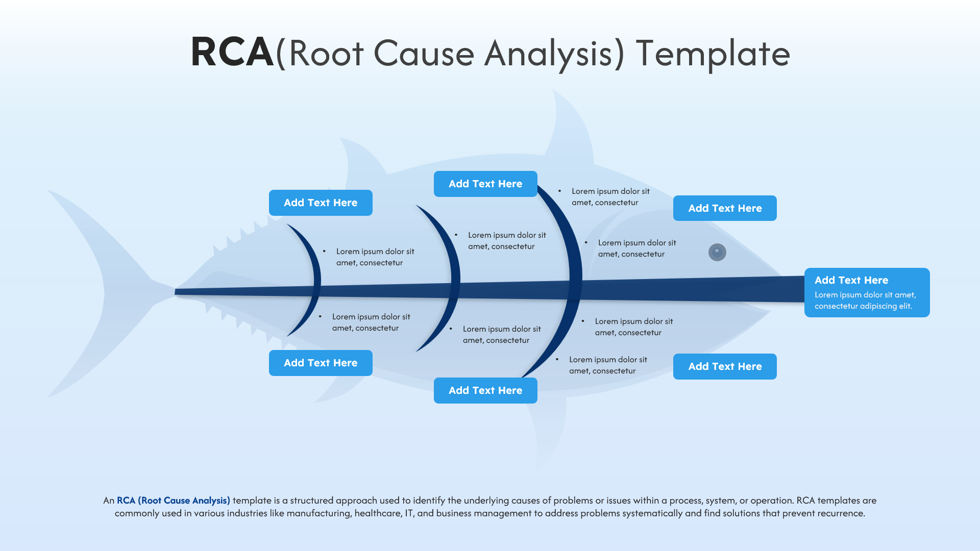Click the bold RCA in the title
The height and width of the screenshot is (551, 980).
(232, 53)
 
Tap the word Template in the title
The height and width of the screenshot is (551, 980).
(713, 54)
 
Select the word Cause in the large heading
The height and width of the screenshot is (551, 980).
(424, 54)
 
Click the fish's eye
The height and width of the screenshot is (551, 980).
(717, 252)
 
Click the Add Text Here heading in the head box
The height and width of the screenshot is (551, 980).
(851, 280)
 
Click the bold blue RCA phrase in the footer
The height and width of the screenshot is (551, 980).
(174, 500)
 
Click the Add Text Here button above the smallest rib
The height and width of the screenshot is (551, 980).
(321, 203)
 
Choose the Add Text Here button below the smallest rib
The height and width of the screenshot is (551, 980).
(321, 363)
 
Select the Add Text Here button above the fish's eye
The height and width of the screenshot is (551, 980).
(725, 208)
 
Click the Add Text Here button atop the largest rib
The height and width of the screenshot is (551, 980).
(485, 184)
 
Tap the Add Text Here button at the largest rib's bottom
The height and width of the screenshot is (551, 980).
(485, 390)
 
